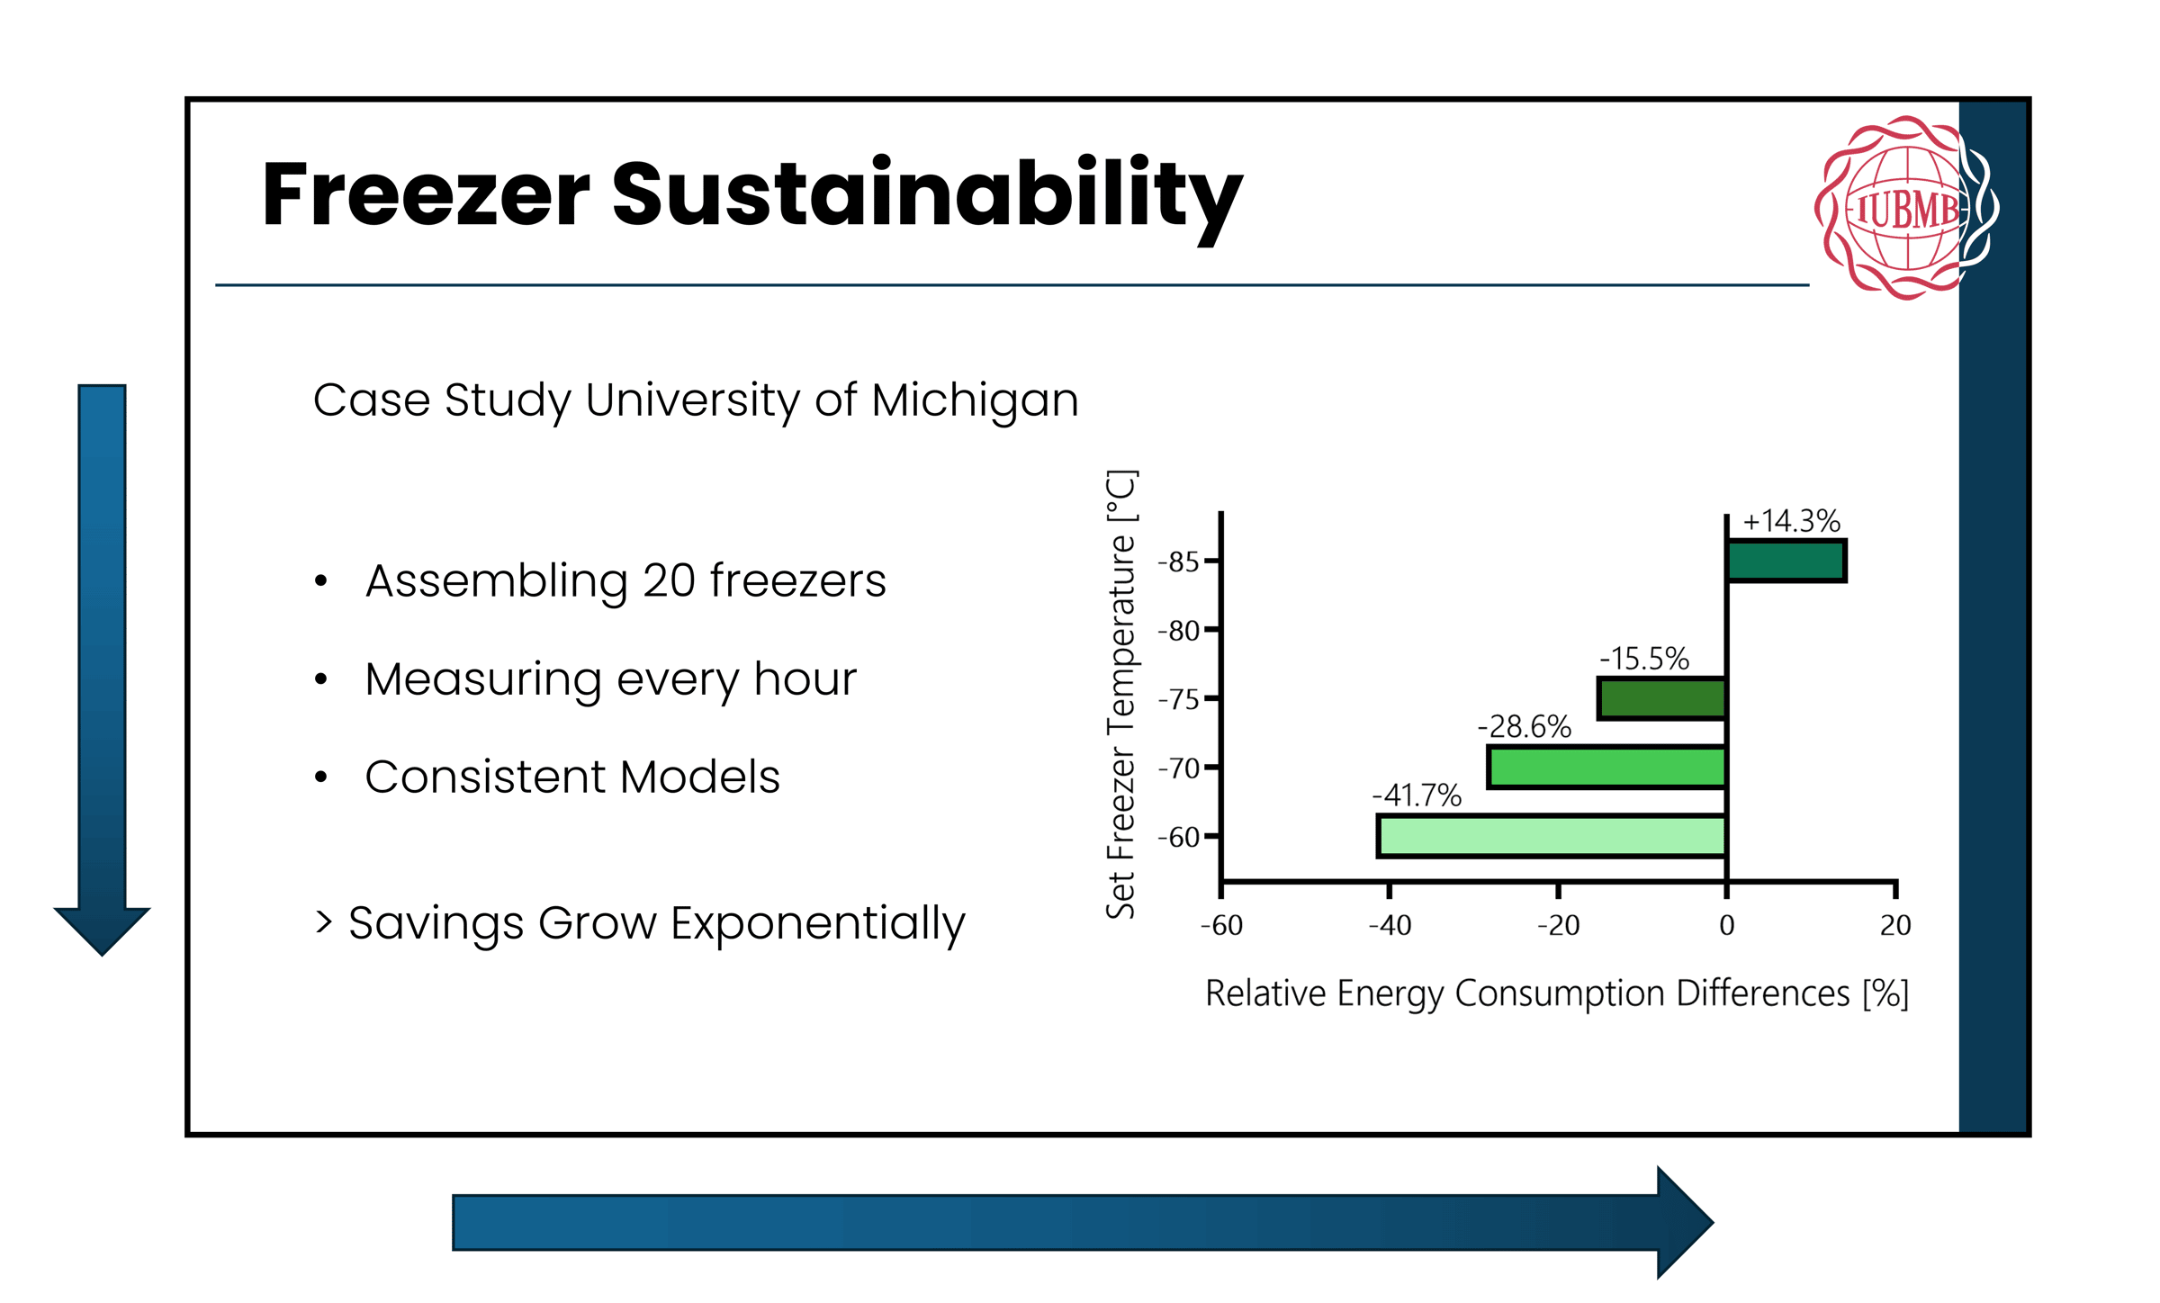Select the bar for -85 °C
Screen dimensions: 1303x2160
1786,561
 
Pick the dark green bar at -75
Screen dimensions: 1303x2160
1661,698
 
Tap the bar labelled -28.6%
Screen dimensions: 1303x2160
1606,767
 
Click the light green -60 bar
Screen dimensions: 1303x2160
1552,836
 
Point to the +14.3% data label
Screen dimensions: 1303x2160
1791,521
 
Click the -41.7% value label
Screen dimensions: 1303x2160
1417,795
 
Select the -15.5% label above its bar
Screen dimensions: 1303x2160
1644,659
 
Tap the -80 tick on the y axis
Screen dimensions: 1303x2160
1180,631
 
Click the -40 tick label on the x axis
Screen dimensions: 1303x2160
1390,925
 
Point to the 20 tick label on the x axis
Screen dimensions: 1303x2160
1894,925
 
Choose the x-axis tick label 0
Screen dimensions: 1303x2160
1726,925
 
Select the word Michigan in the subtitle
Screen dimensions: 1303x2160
975,400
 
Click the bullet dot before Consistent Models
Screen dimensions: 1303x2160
321,777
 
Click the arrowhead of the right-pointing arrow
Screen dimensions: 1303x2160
1683,1222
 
